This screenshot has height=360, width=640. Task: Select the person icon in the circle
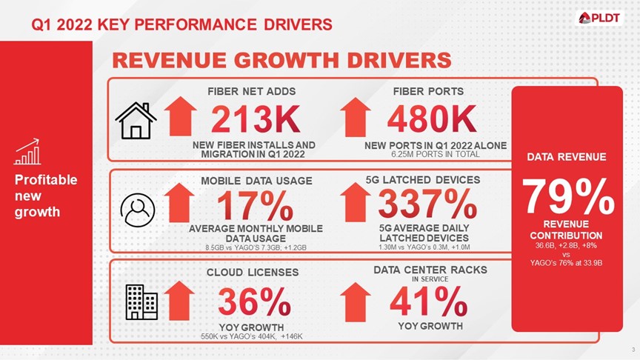click(x=138, y=210)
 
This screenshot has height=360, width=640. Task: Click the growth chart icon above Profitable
click(x=27, y=153)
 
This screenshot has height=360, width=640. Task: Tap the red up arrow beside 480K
click(x=353, y=118)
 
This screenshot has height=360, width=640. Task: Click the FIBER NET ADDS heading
click(x=253, y=91)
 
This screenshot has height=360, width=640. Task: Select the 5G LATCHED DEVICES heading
click(x=423, y=179)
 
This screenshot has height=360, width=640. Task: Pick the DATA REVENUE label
click(x=566, y=156)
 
